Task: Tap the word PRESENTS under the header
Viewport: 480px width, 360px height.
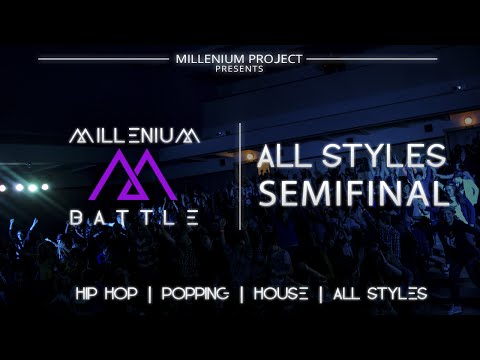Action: [239, 69]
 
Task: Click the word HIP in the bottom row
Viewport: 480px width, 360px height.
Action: [93, 294]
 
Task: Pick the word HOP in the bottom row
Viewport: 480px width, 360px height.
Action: [134, 294]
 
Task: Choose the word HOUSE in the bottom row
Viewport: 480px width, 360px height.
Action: [287, 294]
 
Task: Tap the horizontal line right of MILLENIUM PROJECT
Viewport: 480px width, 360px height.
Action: [371, 59]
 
